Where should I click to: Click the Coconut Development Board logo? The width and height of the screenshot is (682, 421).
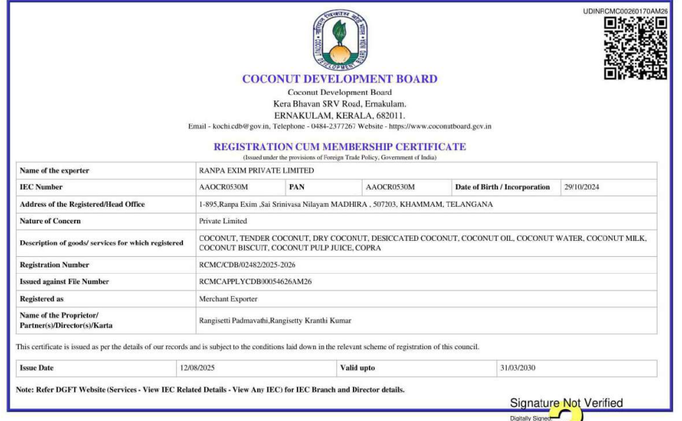coord(340,40)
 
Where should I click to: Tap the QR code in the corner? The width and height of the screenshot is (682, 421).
coord(635,47)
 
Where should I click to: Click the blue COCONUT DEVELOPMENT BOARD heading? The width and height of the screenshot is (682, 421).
coord(340,79)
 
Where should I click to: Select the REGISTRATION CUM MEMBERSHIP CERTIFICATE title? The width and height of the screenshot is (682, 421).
coord(340,147)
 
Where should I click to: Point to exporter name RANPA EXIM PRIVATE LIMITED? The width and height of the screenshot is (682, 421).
coord(256,170)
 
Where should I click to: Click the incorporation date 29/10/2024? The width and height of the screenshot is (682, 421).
coord(581,187)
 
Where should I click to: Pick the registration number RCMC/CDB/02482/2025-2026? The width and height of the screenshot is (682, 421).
coord(252,265)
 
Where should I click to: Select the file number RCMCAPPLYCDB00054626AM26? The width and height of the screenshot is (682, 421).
coord(255,282)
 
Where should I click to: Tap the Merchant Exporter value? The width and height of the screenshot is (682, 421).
coord(228,299)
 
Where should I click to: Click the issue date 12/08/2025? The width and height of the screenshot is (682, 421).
coord(196,368)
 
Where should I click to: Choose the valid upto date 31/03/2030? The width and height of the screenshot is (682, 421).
coord(517,368)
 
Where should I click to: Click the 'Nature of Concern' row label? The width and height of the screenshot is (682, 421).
coord(50,221)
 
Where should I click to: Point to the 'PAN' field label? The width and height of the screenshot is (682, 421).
coord(297,187)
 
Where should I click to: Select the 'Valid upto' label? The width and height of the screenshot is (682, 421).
coord(357,368)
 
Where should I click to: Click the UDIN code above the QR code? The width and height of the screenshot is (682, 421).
coord(625,11)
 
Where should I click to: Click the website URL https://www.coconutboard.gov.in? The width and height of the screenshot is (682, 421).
coord(440,126)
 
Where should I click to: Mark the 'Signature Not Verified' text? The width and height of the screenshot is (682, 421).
coord(566,403)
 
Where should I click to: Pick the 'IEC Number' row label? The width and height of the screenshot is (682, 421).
coord(41,187)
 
